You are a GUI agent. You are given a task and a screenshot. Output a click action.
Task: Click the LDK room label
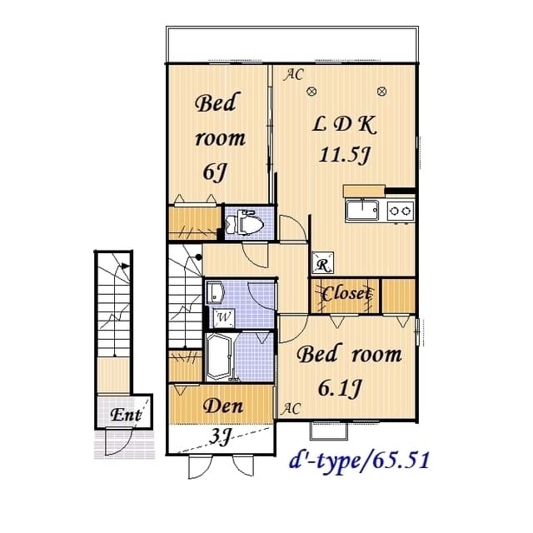345,126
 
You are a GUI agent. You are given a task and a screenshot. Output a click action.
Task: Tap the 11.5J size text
343,154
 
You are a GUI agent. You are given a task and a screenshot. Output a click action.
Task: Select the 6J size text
215,171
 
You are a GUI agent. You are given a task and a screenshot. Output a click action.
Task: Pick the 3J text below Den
220,436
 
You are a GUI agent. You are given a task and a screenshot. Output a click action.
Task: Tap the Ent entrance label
126,414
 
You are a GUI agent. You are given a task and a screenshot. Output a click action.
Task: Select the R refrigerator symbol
321,265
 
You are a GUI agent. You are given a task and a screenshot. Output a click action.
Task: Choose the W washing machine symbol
223,316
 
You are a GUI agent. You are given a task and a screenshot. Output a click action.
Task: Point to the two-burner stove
400,211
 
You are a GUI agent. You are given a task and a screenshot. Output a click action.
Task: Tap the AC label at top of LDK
292,75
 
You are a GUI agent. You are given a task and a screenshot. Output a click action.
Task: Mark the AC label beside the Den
291,408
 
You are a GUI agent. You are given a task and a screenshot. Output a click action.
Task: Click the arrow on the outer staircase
125,267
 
